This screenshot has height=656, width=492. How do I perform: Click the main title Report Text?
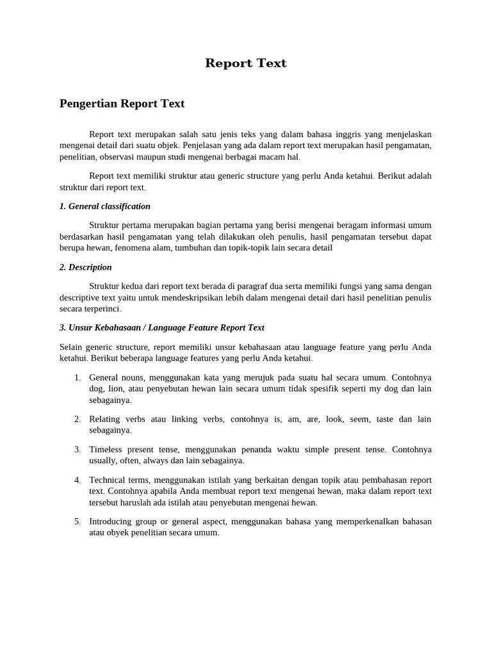246,63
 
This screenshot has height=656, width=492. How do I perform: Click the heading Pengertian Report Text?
122,103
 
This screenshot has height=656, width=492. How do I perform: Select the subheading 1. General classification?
104,206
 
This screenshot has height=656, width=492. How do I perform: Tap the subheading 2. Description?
85,267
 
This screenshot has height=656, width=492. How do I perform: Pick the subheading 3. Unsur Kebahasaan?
161,327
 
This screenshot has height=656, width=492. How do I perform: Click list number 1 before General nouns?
77,377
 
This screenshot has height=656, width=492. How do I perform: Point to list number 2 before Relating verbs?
77,419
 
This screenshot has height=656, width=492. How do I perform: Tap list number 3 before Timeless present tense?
77,449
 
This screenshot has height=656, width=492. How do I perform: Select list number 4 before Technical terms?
77,480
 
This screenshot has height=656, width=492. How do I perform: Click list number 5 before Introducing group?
77,521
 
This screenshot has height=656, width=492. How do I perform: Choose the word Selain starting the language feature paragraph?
71,347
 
